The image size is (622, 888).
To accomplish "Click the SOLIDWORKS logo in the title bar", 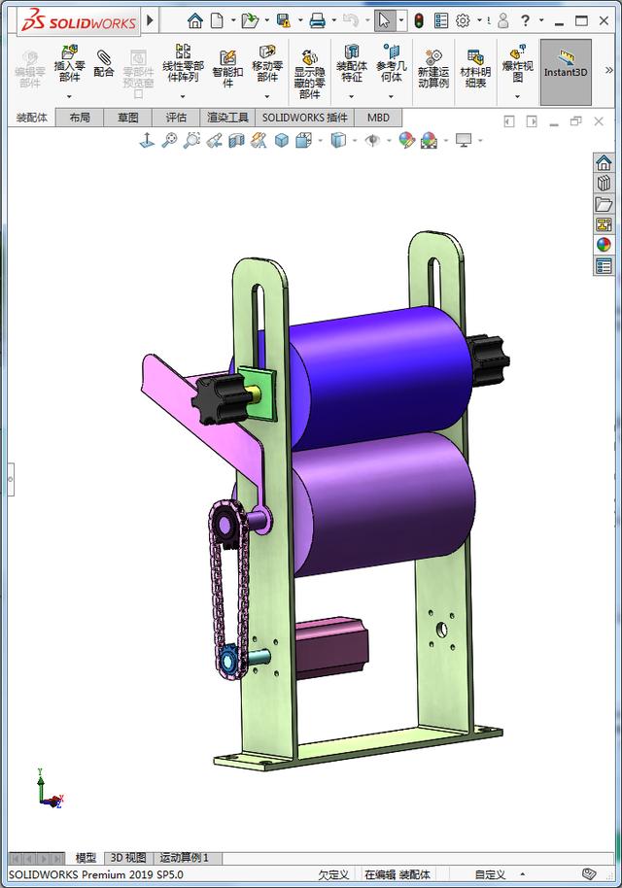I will tap(73, 20).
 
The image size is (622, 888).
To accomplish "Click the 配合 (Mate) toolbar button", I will tap(103, 64).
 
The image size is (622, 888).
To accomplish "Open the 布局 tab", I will tap(80, 118).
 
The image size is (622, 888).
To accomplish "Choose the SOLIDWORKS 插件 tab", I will tap(304, 118).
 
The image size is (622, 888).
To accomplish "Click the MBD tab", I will tap(378, 118).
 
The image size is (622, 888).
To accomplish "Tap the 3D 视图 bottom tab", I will tap(128, 858).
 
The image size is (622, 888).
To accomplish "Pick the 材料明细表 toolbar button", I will tap(474, 69).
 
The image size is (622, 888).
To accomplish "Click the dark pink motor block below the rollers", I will tap(330, 646).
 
